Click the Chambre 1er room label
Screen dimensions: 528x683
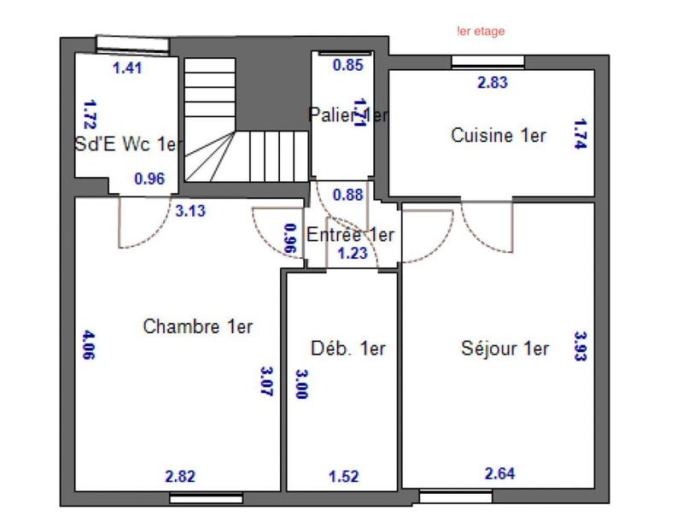coord(198,326)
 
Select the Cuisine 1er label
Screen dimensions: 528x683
coord(499,135)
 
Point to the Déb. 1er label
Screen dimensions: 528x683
coord(348,348)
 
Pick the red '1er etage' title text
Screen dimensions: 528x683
coord(481,32)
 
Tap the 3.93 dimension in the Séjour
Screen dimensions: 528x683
coord(580,347)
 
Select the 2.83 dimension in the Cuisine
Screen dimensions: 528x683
coord(492,83)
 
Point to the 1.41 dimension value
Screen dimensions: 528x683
coord(127,68)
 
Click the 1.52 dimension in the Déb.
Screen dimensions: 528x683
coord(343,475)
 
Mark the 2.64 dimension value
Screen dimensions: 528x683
coord(499,472)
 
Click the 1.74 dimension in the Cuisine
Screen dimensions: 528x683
coord(580,134)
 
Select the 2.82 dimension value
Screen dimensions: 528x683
coord(179,475)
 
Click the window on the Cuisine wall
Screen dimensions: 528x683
coord(476,61)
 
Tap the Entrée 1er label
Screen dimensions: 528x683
coord(350,235)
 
